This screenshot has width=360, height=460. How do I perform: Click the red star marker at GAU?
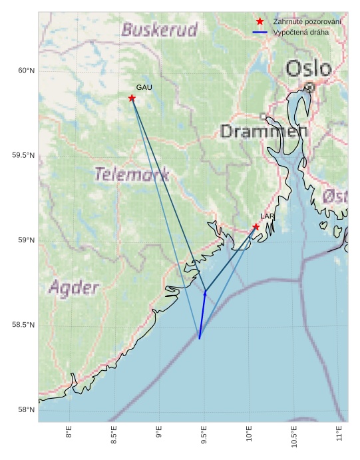click(x=132, y=99)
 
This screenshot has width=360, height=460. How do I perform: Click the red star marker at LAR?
click(x=256, y=227)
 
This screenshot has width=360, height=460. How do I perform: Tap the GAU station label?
click(x=144, y=87)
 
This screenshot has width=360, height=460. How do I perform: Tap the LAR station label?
click(x=268, y=216)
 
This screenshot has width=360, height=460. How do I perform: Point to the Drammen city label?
click(x=264, y=131)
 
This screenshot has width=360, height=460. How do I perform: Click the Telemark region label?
click(x=132, y=174)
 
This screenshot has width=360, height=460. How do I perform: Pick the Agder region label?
click(x=74, y=288)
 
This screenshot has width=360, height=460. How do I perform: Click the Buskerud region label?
click(x=160, y=30)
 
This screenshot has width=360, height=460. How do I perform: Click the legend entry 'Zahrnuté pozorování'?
click(x=307, y=22)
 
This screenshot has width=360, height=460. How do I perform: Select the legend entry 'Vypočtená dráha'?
click(x=301, y=32)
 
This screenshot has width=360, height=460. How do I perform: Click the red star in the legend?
click(x=260, y=22)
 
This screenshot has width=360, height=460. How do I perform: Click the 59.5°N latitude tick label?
click(x=23, y=156)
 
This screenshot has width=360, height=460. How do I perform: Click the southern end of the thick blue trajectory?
click(x=200, y=339)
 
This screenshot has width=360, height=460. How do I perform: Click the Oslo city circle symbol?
click(x=309, y=87)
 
